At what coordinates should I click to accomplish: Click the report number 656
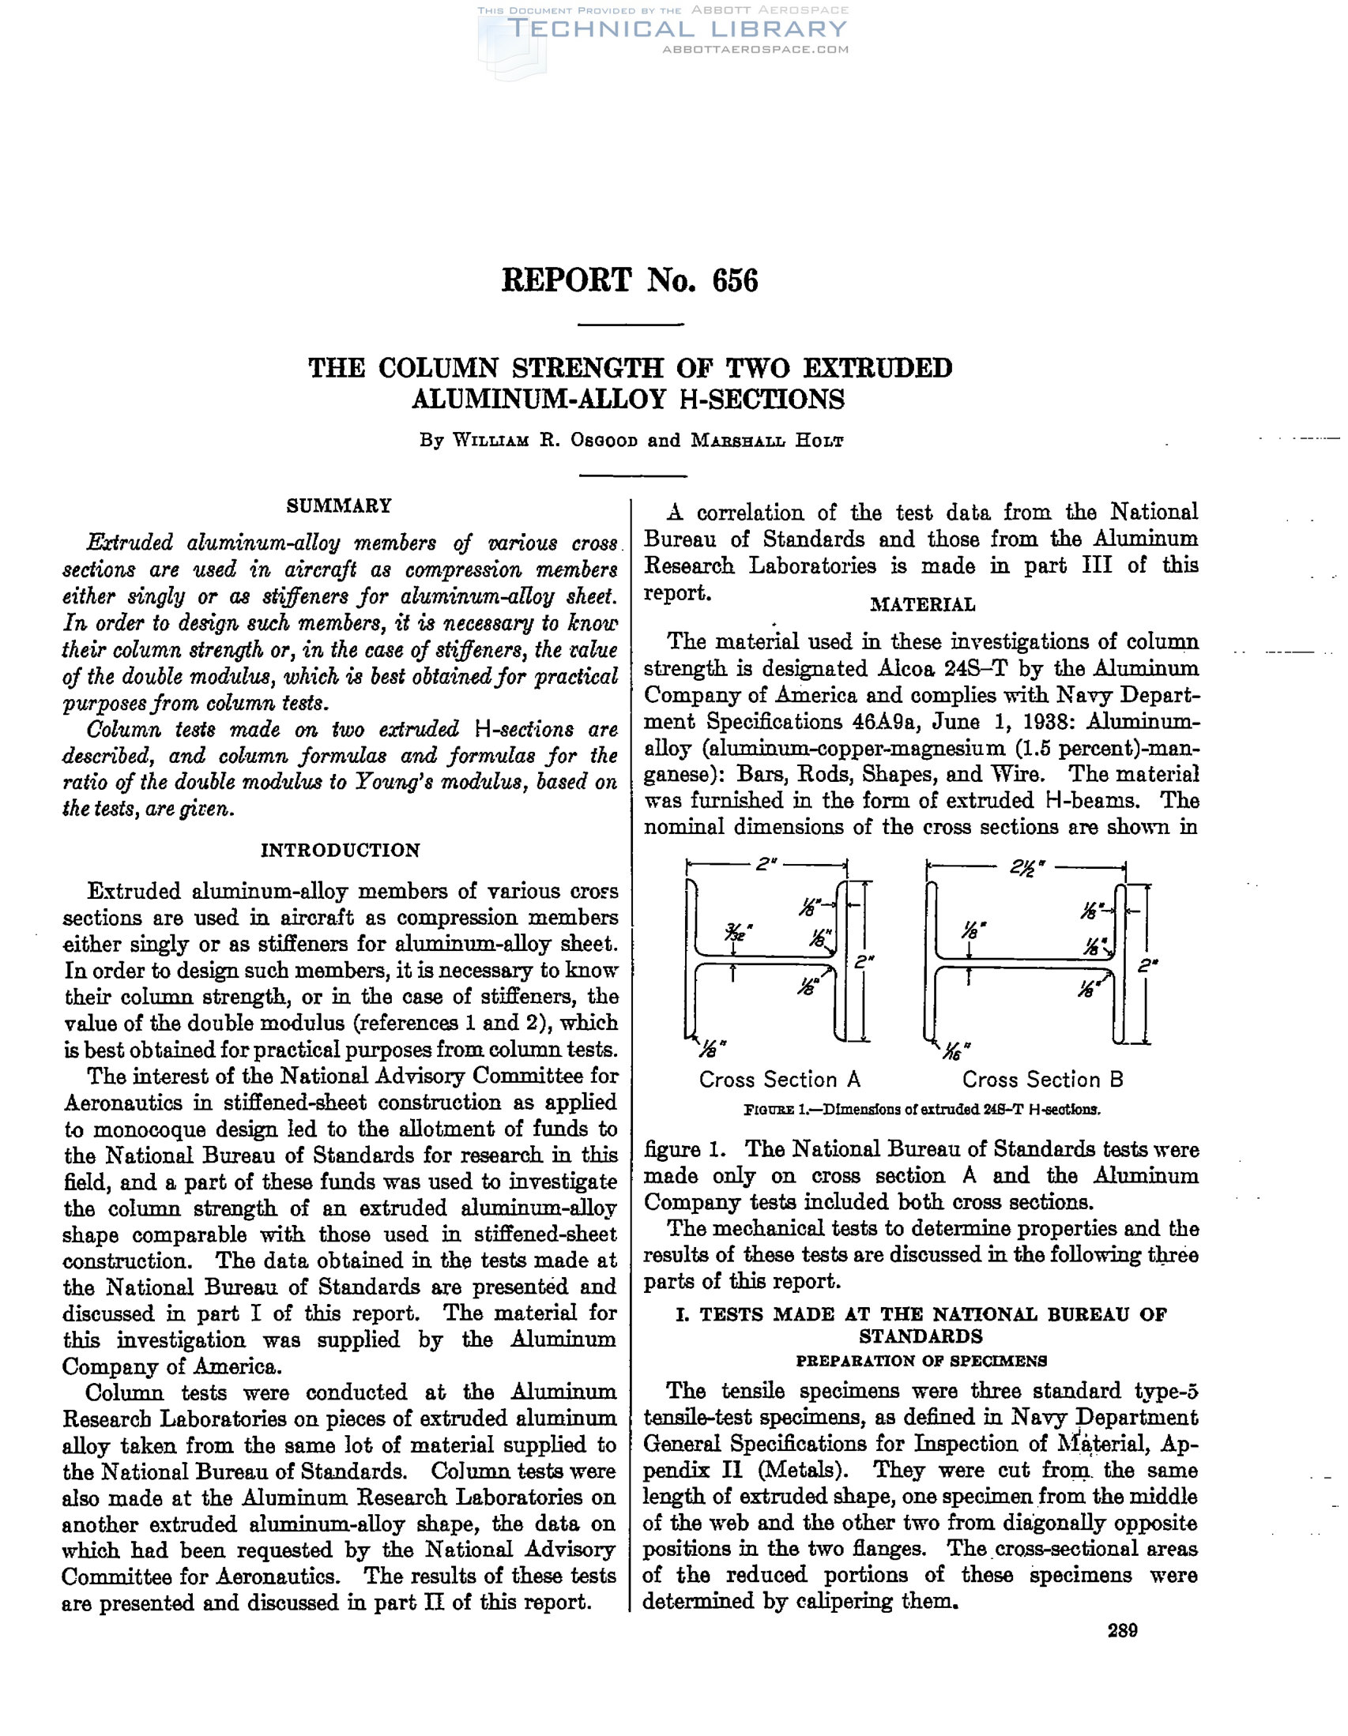tap(735, 280)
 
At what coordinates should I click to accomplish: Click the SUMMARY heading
tap(339, 505)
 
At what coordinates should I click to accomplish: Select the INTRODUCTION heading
tap(340, 850)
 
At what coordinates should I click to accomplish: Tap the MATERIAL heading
tap(922, 604)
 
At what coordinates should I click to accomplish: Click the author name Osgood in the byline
tap(604, 441)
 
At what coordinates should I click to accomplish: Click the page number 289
tap(1122, 1630)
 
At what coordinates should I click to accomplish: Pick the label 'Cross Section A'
tap(779, 1080)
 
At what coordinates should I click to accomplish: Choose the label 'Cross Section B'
tap(1043, 1080)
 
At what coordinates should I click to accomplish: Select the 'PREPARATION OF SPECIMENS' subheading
tap(921, 1360)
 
